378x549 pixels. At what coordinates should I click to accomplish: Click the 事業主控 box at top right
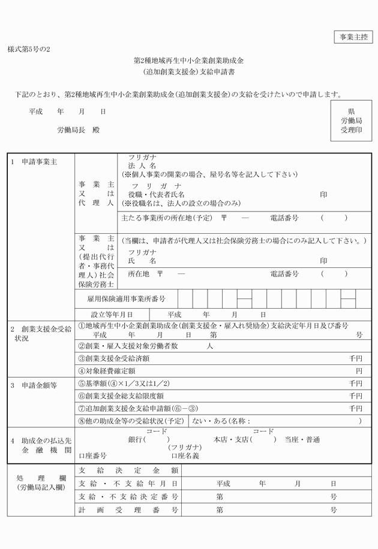(x=353, y=37)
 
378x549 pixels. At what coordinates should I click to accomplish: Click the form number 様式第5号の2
(x=29, y=49)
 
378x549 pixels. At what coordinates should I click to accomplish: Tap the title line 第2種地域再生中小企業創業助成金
(x=188, y=61)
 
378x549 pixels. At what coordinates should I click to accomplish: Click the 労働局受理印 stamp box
(x=351, y=120)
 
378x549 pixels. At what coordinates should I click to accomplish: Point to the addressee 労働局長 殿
(x=78, y=129)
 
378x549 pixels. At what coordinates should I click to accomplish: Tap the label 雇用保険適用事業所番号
(x=122, y=298)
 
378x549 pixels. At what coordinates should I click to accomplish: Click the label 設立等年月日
(x=112, y=314)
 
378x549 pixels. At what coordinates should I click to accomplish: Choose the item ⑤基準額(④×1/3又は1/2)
(x=124, y=384)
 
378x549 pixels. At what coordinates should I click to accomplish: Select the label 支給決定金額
(x=128, y=470)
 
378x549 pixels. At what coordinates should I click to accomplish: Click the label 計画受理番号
(x=128, y=511)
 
